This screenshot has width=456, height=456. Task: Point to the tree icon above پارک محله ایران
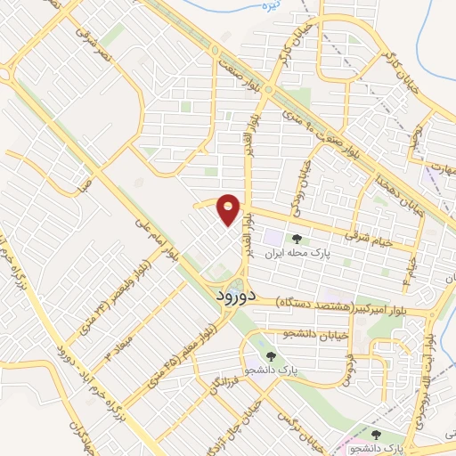[x=297, y=239]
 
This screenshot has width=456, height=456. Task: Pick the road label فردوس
[x=347, y=365]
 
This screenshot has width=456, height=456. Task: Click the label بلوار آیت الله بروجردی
[x=431, y=374]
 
